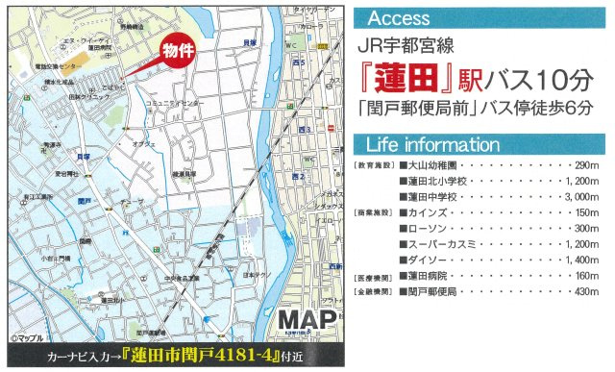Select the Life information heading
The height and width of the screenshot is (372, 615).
click(433, 145)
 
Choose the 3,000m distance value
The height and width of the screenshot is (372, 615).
click(583, 194)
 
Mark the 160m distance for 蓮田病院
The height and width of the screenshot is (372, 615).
click(588, 274)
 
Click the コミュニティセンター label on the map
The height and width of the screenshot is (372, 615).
click(175, 101)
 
